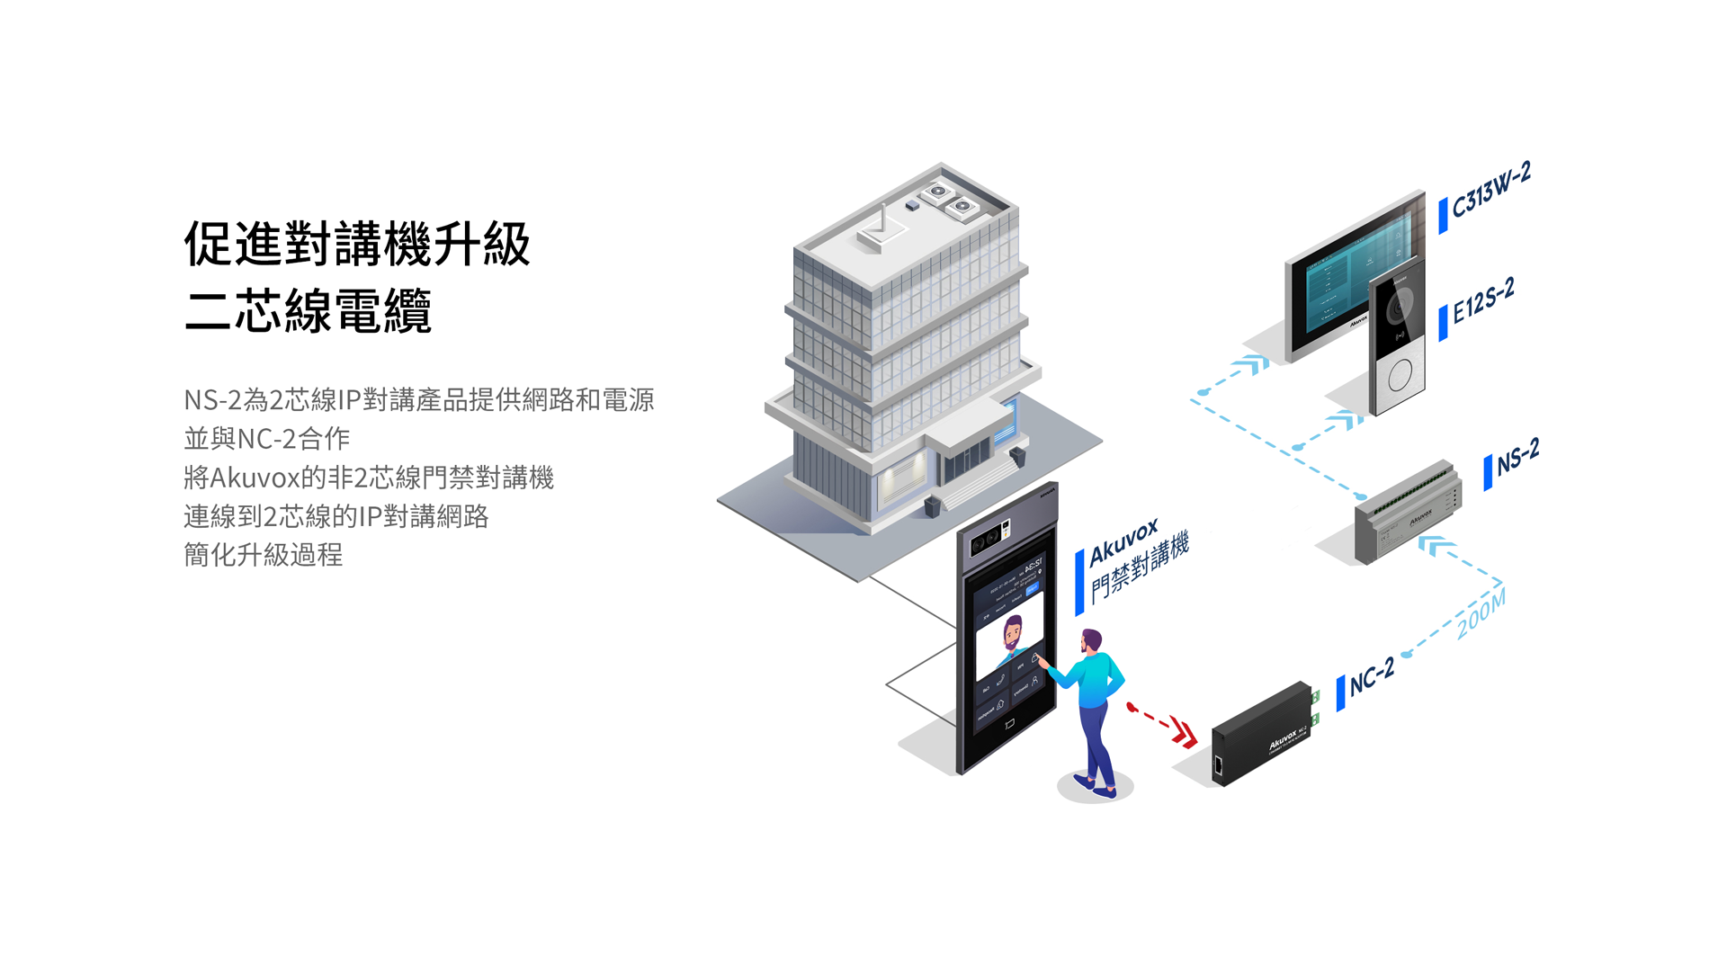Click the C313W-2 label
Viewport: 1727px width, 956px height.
coord(1490,192)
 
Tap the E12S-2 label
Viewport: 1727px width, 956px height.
coord(1483,301)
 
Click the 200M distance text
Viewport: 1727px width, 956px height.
coord(1481,614)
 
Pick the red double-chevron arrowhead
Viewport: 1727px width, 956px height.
coord(1186,734)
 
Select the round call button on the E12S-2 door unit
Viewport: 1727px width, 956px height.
coord(1400,375)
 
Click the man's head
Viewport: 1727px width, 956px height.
coord(1091,641)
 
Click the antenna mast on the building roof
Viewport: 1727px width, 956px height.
coord(883,219)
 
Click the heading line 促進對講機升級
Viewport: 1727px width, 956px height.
coord(357,244)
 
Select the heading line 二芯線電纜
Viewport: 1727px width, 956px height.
coord(308,311)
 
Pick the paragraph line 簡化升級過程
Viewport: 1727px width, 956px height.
coord(263,555)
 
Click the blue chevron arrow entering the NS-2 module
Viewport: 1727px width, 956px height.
coord(1436,545)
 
